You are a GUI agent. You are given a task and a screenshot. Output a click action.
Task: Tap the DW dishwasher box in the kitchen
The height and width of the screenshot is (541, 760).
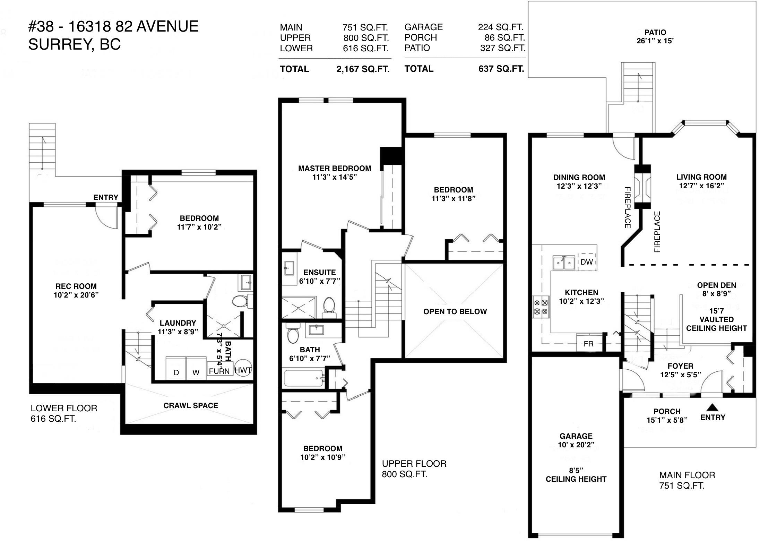(586, 262)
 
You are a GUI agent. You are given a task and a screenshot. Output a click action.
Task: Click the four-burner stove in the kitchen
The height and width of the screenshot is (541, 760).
(541, 307)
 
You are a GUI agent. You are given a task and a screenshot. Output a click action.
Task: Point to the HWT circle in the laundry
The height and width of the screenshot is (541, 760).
(243, 369)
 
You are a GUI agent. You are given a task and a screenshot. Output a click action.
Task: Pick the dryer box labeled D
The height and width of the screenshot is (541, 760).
(176, 368)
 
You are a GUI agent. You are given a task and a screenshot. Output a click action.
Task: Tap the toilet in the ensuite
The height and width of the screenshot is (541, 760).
(329, 307)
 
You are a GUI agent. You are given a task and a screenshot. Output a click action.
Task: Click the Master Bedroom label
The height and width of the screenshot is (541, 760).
(335, 169)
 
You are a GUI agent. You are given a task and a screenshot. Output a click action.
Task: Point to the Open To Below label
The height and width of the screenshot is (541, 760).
(455, 311)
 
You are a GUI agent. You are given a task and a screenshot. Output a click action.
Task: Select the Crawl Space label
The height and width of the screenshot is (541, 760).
(191, 405)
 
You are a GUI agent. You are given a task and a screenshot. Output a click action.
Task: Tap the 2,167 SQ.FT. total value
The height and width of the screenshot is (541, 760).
(363, 69)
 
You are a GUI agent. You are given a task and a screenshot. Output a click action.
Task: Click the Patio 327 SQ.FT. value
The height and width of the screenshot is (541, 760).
(503, 48)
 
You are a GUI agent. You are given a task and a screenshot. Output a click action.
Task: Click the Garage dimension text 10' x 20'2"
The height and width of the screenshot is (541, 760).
(576, 445)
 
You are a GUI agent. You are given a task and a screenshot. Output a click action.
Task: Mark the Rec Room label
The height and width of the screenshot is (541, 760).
(76, 286)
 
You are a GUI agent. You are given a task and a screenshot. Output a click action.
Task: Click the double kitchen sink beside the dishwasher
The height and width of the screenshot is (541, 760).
(564, 263)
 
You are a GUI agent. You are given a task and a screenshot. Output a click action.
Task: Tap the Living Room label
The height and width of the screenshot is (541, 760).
(701, 177)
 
